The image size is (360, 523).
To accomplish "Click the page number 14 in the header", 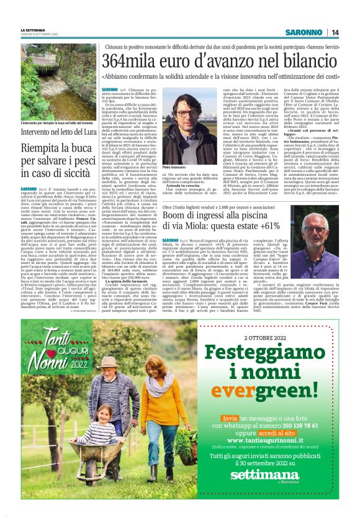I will (334, 32).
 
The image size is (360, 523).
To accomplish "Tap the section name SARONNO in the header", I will (307, 32).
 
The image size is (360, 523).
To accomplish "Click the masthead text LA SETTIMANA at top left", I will (34, 29).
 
